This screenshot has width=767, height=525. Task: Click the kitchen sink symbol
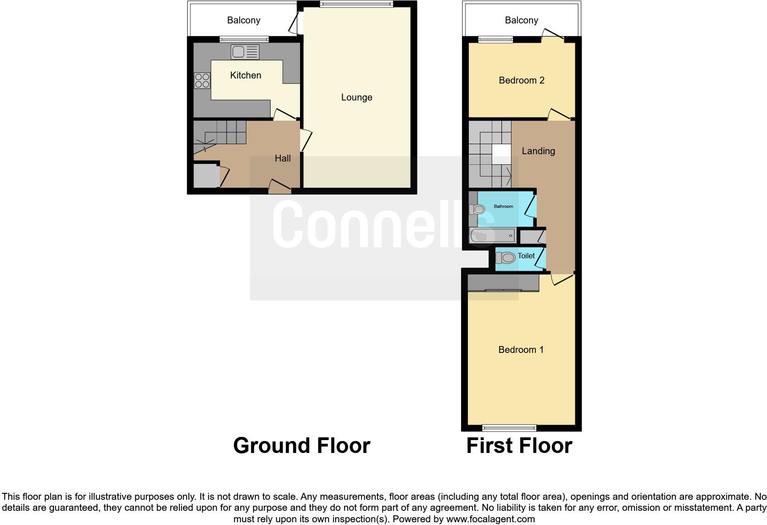pyautogui.click(x=245, y=52)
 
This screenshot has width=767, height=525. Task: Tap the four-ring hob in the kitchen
pyautogui.click(x=202, y=81)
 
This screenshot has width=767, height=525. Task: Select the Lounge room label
pyautogui.click(x=356, y=97)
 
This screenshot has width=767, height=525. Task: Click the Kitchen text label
pyautogui.click(x=245, y=75)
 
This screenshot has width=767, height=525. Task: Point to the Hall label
pyautogui.click(x=283, y=158)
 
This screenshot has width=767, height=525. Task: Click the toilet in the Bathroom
pyautogui.click(x=477, y=210)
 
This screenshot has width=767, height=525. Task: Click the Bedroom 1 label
pyautogui.click(x=521, y=350)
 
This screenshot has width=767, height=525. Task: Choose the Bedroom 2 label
pyautogui.click(x=521, y=80)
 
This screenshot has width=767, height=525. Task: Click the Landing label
pyautogui.click(x=538, y=151)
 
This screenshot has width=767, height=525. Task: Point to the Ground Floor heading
pyautogui.click(x=301, y=446)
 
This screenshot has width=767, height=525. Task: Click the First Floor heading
pyautogui.click(x=519, y=446)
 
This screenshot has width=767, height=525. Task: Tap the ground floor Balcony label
pyautogui.click(x=244, y=20)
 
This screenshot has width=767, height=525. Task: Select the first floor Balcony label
pyautogui.click(x=521, y=20)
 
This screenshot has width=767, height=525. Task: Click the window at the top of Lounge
pyautogui.click(x=356, y=5)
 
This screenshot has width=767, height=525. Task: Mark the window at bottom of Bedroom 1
pyautogui.click(x=509, y=428)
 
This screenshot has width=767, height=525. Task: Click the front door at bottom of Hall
pyautogui.click(x=280, y=190)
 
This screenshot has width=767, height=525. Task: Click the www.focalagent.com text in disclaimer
pyautogui.click(x=490, y=519)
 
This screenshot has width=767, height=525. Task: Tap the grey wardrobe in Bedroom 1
pyautogui.click(x=503, y=282)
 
